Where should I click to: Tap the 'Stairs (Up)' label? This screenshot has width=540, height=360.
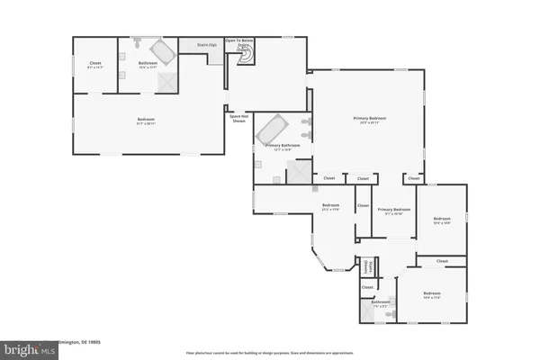point(206,44)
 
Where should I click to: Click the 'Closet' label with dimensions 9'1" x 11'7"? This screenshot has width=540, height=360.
point(95,64)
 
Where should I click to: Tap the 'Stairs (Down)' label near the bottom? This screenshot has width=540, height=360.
point(368,267)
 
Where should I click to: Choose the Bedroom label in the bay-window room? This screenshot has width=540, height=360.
point(330,206)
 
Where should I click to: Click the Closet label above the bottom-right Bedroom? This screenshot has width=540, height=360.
point(442,261)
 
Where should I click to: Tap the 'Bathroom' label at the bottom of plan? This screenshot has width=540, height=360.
point(381,302)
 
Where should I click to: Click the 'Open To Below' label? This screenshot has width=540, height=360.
point(245,40)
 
